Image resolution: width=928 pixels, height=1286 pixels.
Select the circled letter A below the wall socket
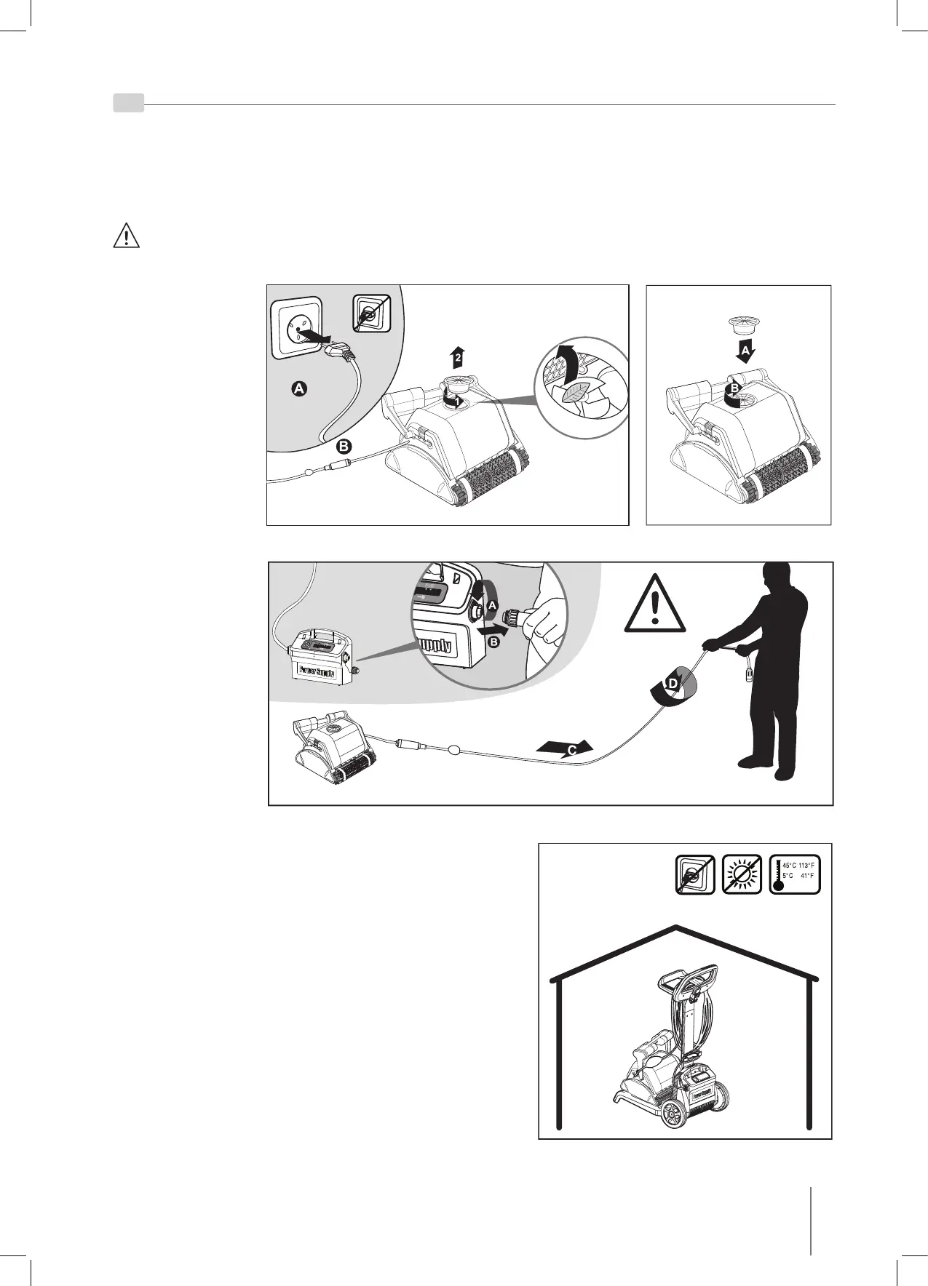[298, 390]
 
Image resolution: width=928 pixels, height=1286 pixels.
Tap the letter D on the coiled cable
[672, 684]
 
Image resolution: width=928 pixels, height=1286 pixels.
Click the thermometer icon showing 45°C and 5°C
[795, 874]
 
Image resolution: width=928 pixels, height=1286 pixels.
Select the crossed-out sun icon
[742, 874]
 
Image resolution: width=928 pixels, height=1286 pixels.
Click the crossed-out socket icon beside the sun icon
[695, 874]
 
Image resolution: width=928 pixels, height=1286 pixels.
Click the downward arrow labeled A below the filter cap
[745, 352]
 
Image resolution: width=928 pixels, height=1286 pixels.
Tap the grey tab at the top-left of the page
[128, 103]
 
